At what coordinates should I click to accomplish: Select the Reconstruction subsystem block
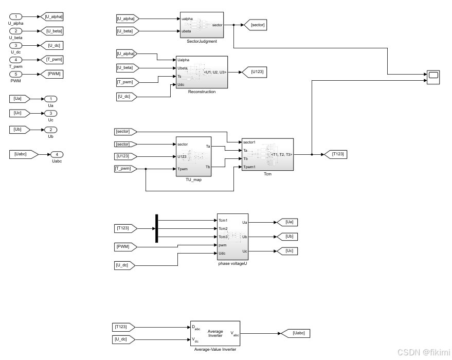point(201,72)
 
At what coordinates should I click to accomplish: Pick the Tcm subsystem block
point(267,154)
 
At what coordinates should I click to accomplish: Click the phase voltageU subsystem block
point(232,237)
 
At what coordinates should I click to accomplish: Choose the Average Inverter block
point(215,333)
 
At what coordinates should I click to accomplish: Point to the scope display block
point(433,77)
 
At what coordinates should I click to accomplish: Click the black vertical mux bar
point(156,228)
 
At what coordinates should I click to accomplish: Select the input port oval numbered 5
point(15,74)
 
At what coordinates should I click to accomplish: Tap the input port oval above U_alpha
point(15,17)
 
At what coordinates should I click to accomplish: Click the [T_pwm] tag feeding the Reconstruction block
point(125,82)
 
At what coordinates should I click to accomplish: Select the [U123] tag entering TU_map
point(125,156)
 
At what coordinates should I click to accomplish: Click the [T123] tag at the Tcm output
point(337,154)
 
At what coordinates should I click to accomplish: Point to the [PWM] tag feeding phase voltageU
point(126,247)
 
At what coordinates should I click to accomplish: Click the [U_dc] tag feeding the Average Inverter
point(124,339)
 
